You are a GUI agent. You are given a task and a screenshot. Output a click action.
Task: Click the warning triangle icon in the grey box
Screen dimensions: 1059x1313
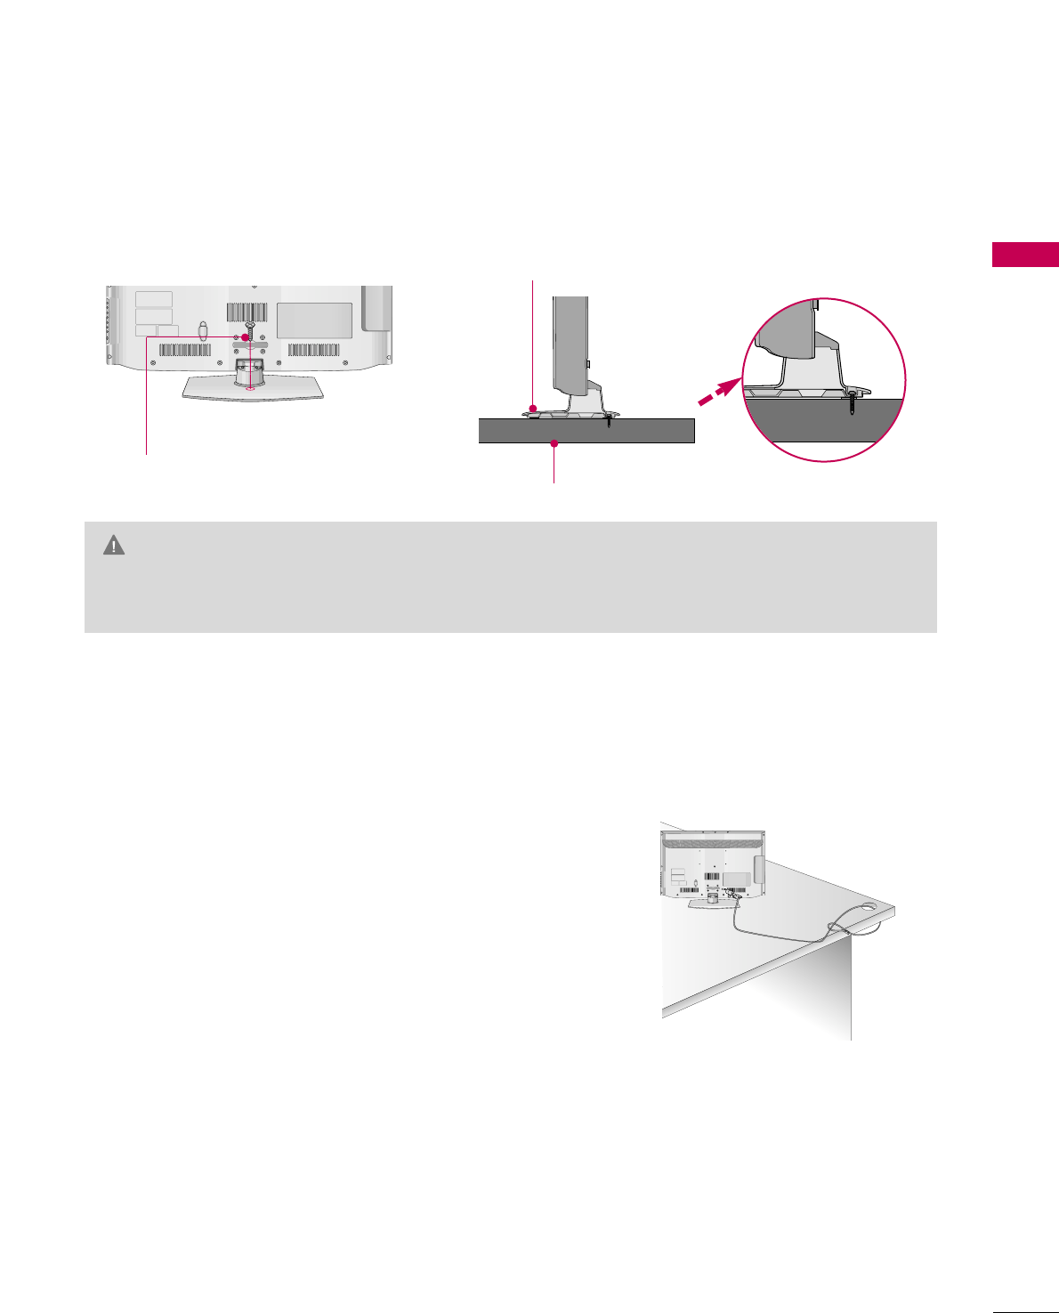[x=114, y=546]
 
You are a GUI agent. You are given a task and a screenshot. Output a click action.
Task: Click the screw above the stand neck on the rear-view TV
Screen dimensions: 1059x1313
[x=252, y=328]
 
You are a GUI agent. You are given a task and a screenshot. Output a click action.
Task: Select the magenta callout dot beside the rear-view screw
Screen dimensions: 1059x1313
[x=245, y=337]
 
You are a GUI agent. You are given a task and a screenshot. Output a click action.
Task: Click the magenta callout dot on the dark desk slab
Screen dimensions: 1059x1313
[x=554, y=442]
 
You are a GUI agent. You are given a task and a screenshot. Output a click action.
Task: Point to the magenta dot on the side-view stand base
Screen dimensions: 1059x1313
[x=533, y=408]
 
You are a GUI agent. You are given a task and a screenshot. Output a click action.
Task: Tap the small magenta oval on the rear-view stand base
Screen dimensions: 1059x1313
[x=249, y=385]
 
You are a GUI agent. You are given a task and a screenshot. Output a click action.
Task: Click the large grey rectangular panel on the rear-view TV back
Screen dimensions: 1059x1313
[x=314, y=320]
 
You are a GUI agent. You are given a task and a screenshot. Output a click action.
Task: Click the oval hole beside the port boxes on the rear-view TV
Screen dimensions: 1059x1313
[x=202, y=331]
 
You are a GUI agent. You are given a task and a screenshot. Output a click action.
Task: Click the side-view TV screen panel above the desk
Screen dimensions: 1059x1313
[x=570, y=343]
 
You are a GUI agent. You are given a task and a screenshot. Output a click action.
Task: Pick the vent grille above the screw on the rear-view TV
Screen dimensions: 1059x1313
[x=247, y=312]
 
